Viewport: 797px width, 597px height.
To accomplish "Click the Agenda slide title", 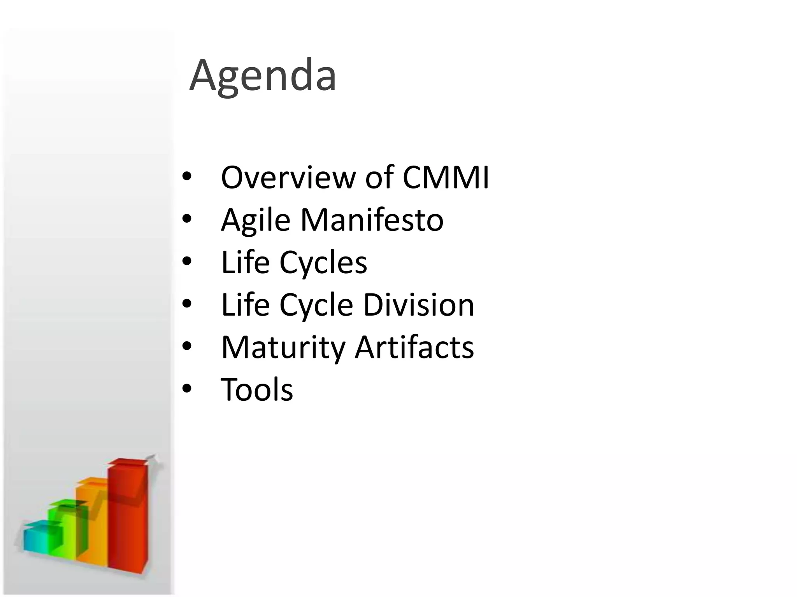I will click(x=263, y=76).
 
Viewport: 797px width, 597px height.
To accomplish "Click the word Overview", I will click(x=288, y=178).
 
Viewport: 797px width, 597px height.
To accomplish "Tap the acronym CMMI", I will click(x=446, y=178).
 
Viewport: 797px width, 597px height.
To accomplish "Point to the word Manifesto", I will click(x=372, y=220).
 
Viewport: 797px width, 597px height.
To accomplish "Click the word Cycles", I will click(x=323, y=262).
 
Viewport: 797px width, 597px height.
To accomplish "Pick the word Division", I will click(x=418, y=305).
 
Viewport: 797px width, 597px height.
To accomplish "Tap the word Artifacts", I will click(x=414, y=347).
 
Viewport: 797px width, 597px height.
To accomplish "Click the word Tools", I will click(x=257, y=389).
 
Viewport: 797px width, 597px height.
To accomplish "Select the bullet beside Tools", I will click(x=187, y=389).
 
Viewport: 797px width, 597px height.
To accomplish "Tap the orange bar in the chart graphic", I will click(x=92, y=525).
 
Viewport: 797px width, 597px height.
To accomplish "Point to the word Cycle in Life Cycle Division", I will click(x=316, y=305).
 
